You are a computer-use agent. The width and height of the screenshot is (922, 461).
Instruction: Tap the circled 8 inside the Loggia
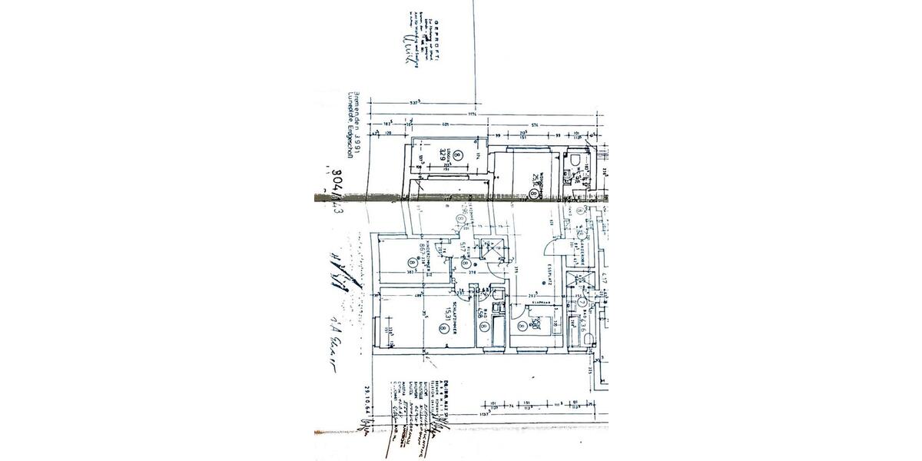(458, 154)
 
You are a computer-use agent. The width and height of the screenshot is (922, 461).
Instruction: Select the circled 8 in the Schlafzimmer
(443, 328)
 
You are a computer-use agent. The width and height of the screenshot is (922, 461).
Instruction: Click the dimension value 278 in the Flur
(473, 271)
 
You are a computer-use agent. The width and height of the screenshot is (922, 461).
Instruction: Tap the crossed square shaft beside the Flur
(490, 248)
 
